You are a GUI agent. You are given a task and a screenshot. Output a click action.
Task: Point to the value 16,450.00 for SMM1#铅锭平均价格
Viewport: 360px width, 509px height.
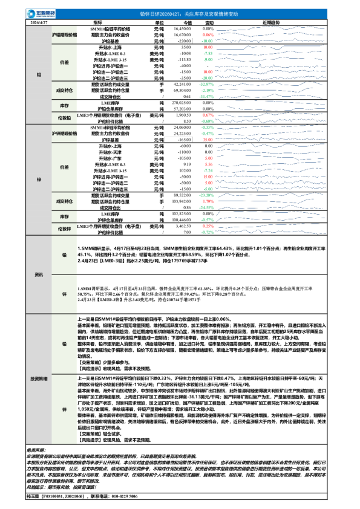pyautogui.click(x=183, y=28)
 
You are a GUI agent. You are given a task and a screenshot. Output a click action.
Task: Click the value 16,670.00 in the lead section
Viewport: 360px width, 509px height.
pyautogui.click(x=183, y=35)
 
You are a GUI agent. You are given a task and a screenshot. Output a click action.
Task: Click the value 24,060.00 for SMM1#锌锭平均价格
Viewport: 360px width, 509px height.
pyautogui.click(x=183, y=128)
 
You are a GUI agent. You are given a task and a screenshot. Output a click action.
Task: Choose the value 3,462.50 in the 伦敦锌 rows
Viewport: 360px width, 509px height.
pyautogui.click(x=183, y=225)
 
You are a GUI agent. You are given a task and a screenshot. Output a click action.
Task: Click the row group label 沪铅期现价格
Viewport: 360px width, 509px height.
pyautogui.click(x=65, y=35)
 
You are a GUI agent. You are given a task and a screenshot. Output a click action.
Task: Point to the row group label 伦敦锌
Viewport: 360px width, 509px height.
pyautogui.click(x=65, y=229)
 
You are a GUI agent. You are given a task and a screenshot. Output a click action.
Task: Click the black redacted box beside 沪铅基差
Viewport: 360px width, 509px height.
pyautogui.click(x=183, y=41)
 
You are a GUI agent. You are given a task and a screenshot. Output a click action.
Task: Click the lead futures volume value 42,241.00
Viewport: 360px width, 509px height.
pyautogui.click(x=183, y=85)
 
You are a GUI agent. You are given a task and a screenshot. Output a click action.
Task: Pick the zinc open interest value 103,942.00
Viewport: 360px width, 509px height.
pyautogui.click(x=183, y=201)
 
